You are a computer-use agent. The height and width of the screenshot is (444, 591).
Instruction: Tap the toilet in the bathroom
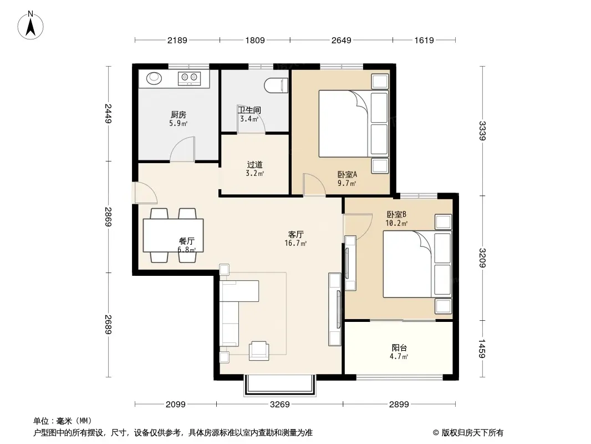pos(276,85)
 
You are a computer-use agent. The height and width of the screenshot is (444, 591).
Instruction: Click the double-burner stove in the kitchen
pos(189,78)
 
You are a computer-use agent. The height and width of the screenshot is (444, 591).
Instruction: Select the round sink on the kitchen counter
pos(154,78)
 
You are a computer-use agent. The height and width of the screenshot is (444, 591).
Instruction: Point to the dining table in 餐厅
pos(174,235)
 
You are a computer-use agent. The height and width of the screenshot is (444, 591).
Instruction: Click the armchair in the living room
pos(259,351)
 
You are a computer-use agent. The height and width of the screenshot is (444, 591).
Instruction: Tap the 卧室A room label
pos(347,175)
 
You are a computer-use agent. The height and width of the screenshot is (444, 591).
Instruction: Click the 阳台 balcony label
pos(399,348)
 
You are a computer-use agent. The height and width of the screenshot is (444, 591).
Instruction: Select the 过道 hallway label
pos(255,165)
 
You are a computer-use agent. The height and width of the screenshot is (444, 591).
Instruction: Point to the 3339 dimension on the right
pos(482,130)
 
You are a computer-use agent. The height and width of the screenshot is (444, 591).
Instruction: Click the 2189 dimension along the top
pos(177,40)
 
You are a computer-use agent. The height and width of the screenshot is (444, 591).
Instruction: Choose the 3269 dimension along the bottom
pos(279,405)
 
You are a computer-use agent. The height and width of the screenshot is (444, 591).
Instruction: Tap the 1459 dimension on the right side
pos(482,348)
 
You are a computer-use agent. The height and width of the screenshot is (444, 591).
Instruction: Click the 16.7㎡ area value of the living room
pos(295,243)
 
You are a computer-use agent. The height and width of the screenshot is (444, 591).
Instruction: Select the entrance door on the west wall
pos(145,193)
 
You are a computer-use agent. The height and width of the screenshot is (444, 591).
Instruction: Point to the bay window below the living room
pos(279,385)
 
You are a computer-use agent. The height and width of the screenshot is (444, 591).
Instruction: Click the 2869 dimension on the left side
pos(109,216)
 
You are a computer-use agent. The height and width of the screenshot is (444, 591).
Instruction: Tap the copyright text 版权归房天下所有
pos(472,433)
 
